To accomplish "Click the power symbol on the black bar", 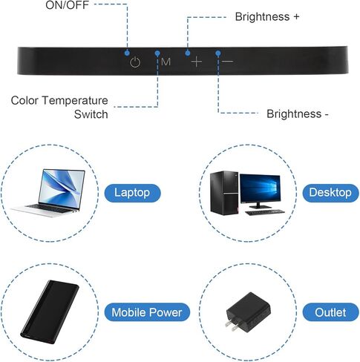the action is (x=135, y=62).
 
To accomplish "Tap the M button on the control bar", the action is (x=166, y=62).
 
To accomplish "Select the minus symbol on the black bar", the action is (x=227, y=61).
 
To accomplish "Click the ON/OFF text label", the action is (x=67, y=5).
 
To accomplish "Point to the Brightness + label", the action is (x=267, y=17).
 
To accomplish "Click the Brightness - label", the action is (x=298, y=114).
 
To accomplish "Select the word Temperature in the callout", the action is (x=75, y=100).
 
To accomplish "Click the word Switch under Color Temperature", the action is (x=91, y=114).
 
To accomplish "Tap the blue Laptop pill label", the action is (x=132, y=193).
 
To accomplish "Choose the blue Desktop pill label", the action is (x=330, y=193).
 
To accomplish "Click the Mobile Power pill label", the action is (x=147, y=312).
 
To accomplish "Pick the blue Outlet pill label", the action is (x=330, y=312).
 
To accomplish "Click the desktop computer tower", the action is (x=224, y=192).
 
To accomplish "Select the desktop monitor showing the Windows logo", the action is (x=260, y=188).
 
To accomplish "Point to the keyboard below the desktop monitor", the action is (x=265, y=212).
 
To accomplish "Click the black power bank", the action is (x=50, y=312).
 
